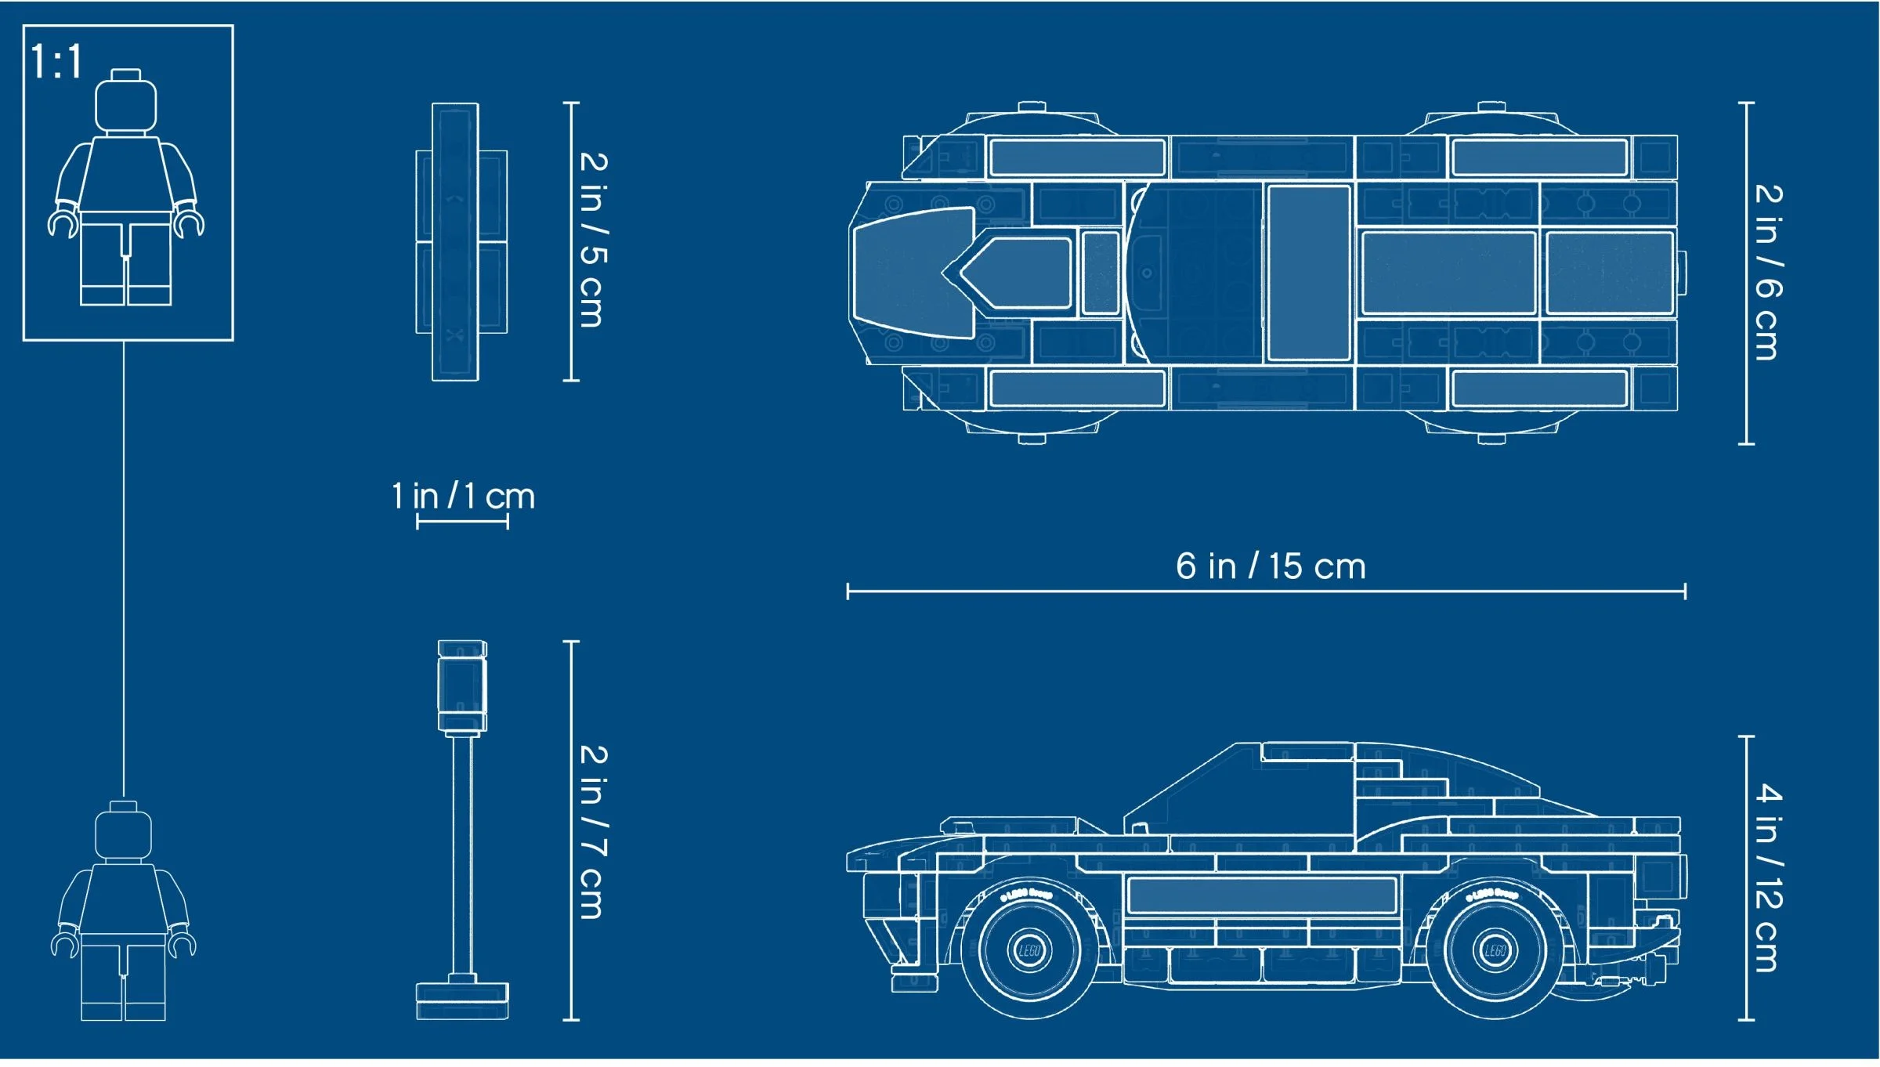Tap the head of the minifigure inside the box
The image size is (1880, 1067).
pos(125,103)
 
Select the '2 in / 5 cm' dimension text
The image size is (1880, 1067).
pos(593,240)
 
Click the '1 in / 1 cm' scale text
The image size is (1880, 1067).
pos(463,497)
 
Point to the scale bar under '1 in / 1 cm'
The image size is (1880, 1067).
pos(462,522)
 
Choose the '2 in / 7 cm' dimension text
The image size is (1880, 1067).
pos(593,831)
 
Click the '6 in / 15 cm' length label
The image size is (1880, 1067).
pos(1271,566)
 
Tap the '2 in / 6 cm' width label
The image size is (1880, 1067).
pos(1768,273)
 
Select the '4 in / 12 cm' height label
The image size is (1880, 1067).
pos(1768,877)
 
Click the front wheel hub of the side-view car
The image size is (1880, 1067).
pos(1029,951)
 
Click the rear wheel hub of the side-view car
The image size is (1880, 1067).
pos(1495,951)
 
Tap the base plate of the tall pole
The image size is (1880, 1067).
pos(462,1000)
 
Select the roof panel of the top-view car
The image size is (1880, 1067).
pos(1308,273)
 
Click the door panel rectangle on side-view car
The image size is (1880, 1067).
pos(1261,895)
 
